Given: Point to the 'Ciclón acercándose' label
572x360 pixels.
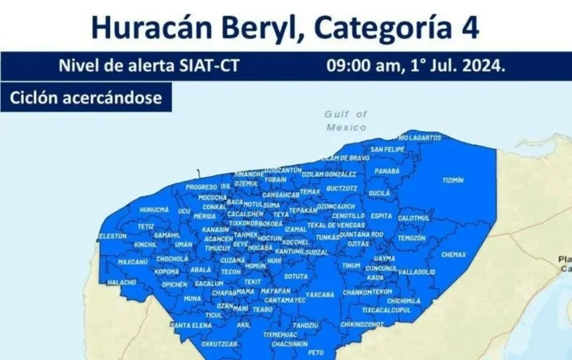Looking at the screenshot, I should [x=85, y=98].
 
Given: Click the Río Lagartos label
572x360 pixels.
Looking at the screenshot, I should [x=420, y=138].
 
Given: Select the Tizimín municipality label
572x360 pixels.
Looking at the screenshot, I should [x=453, y=180].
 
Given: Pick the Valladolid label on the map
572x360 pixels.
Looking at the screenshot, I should [x=417, y=272].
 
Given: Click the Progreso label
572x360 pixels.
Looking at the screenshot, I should [x=201, y=187].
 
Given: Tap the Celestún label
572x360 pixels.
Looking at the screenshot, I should [x=112, y=237].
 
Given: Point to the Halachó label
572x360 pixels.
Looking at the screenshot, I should [x=122, y=282].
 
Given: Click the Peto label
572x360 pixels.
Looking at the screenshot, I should [x=316, y=351].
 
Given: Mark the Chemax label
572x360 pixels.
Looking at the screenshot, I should [x=453, y=255].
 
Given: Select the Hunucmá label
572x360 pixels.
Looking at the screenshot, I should [x=154, y=209].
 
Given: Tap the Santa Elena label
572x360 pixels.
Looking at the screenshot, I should [x=191, y=325].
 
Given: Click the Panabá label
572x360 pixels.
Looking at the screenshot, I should [x=387, y=170].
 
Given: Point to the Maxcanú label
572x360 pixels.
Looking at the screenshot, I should [x=133, y=261].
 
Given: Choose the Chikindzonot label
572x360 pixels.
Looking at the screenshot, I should [x=362, y=324].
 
